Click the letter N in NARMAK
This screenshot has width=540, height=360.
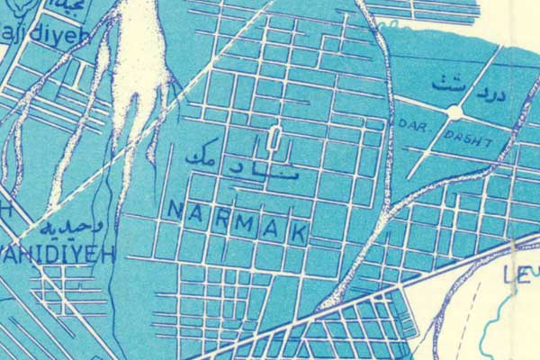coord(174,209)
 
